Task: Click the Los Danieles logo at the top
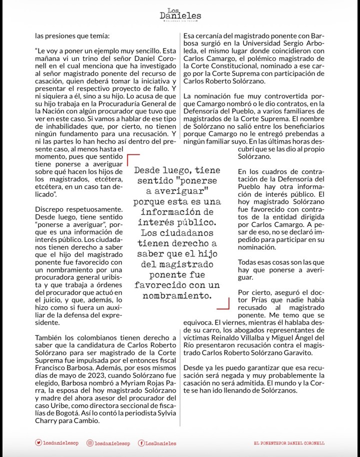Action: tap(180, 14)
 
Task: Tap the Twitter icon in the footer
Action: tap(38, 442)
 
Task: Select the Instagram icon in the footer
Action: tap(90, 442)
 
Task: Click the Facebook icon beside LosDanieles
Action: tap(141, 442)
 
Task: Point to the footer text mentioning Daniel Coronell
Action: tap(289, 443)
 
